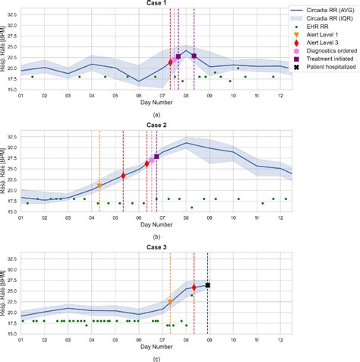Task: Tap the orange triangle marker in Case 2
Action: point(99,186)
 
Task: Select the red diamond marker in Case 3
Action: point(194,287)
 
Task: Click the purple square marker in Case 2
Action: point(156,157)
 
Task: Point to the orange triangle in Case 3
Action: point(170,302)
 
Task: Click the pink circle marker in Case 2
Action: point(152,160)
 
